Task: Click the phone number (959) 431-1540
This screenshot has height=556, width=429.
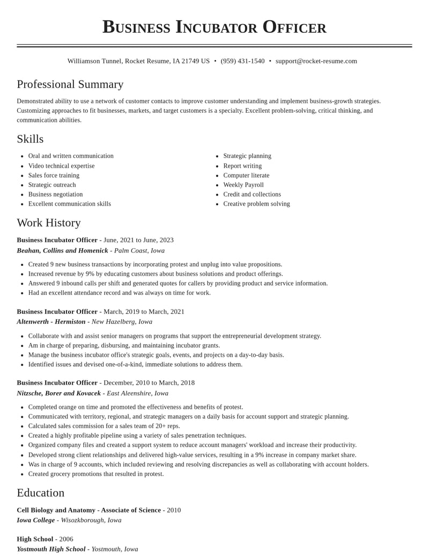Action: [242, 61]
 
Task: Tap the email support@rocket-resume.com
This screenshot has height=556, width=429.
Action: [316, 61]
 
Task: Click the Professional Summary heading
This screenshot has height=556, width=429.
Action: [70, 84]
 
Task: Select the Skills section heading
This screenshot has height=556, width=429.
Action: [30, 139]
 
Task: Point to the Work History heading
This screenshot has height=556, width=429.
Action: [49, 223]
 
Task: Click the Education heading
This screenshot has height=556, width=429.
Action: [40, 493]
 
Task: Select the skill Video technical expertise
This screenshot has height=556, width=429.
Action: [61, 166]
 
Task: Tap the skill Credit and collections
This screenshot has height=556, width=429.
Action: [252, 194]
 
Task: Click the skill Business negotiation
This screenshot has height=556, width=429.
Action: [55, 194]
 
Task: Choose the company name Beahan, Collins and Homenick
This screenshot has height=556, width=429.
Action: [62, 251]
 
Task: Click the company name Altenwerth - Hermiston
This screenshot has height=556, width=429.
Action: [51, 322]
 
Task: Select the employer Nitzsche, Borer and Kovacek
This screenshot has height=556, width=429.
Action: [58, 393]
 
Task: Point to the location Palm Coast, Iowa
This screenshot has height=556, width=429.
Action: [139, 251]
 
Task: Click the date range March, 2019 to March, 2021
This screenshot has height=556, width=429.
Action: [144, 312]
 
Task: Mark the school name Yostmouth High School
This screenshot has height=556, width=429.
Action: [51, 549]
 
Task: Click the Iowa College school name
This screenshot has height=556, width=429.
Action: [35, 520]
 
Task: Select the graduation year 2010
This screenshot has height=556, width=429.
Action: [174, 510]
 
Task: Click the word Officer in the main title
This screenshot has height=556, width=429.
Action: [294, 27]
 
